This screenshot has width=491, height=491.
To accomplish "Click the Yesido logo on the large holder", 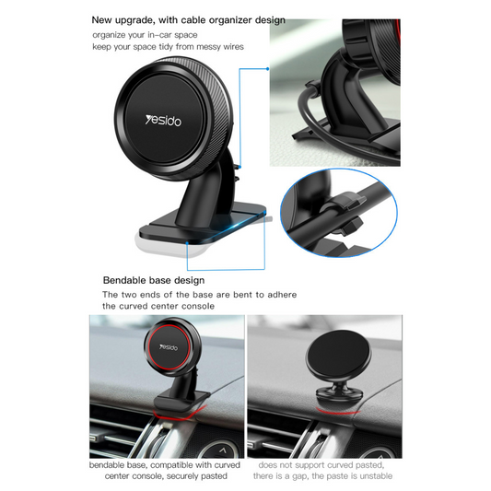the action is (x=163, y=121).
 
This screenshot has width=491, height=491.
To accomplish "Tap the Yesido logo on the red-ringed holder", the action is (x=169, y=347).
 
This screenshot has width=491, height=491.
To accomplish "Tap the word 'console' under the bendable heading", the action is (x=199, y=306).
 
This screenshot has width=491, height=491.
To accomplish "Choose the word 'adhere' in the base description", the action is (x=282, y=295).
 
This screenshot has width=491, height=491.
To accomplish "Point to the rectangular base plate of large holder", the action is (x=203, y=226).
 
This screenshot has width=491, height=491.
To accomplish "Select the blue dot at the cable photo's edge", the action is (x=268, y=68).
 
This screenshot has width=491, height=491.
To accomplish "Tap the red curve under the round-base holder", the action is (x=337, y=412).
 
